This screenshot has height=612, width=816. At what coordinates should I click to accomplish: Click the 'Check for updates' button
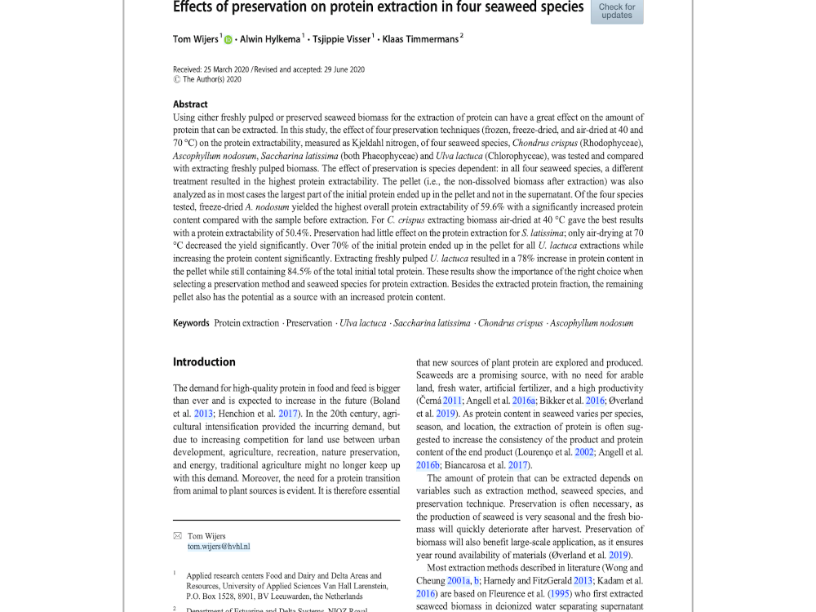click(616, 11)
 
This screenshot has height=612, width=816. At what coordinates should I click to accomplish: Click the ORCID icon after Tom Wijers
click(228, 39)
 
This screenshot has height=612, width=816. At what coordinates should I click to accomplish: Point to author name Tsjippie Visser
click(342, 39)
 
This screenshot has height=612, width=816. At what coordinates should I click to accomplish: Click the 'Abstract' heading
click(190, 104)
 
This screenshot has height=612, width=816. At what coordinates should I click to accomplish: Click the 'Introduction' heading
click(204, 362)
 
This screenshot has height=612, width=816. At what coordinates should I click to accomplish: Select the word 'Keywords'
click(191, 323)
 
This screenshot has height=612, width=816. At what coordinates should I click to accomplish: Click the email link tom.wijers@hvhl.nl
click(219, 547)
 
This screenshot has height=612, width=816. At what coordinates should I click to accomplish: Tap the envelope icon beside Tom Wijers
click(177, 536)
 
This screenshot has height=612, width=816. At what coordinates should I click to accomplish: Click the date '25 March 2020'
click(227, 69)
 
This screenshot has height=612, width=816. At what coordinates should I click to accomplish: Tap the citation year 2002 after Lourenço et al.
click(583, 452)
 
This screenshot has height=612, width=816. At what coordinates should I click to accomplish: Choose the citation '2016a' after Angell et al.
click(524, 401)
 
